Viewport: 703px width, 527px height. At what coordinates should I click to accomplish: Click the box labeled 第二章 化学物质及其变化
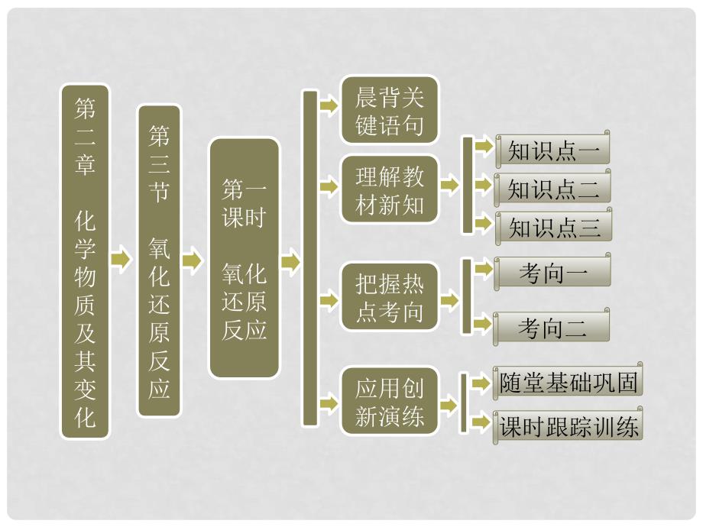pos(85,261)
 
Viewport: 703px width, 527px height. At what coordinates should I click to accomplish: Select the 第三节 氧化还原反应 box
pos(159,261)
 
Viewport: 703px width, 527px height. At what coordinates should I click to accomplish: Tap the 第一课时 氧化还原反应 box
pos(245,258)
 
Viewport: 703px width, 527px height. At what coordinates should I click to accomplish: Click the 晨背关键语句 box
pos(390,109)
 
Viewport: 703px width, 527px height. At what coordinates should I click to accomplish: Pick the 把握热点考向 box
pos(390,297)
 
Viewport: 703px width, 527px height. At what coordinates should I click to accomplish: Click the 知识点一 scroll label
pos(553,150)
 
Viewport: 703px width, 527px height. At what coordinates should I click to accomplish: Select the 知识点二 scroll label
pos(553,189)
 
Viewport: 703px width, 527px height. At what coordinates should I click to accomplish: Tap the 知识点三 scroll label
pos(553,227)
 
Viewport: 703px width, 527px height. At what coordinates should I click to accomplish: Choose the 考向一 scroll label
pos(553,273)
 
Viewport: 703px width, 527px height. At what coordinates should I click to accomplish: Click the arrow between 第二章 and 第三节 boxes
pos(121,260)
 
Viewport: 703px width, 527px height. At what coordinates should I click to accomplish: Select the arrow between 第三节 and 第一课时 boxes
pos(193,260)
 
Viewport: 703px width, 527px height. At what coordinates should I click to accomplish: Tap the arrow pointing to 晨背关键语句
pos(329,107)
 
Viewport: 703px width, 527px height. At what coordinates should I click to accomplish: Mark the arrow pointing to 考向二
pos(482,325)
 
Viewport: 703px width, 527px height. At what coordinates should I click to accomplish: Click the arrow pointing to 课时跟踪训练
pos(481,422)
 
